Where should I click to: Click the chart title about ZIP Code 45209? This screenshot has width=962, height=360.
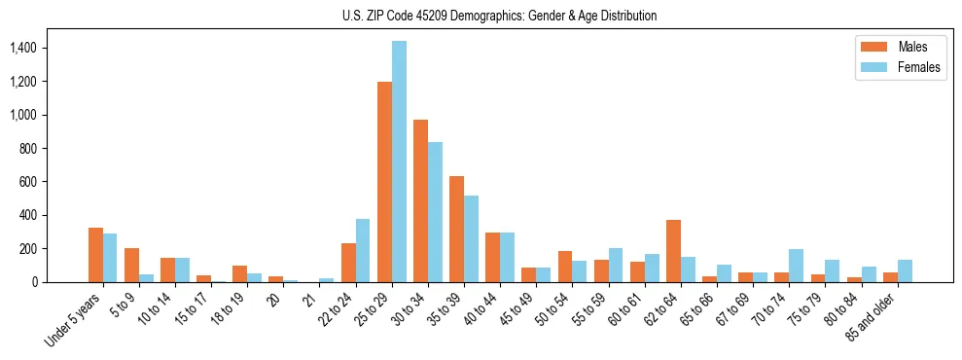point(499,16)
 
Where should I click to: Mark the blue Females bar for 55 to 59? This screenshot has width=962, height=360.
point(616,265)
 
